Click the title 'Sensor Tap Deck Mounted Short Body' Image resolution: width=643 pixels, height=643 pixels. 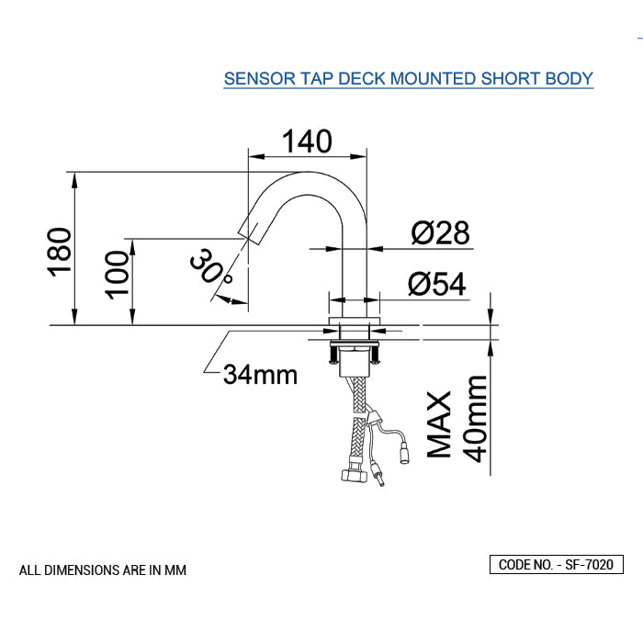coord(409,78)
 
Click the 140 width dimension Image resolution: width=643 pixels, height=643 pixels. coord(306,141)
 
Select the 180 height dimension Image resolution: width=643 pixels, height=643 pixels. coord(59,251)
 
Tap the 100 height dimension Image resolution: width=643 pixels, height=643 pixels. coord(117,273)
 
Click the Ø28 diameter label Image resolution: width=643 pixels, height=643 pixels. coord(440,233)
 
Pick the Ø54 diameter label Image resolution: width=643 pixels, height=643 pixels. coord(436,285)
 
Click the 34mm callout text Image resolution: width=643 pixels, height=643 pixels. coord(260,374)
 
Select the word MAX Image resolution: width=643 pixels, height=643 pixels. coord(440,424)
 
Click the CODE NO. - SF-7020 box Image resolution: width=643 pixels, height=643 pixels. coord(556,565)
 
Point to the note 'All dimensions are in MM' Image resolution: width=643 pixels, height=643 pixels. coord(103,570)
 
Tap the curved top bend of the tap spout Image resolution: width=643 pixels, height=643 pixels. coord(312,180)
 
